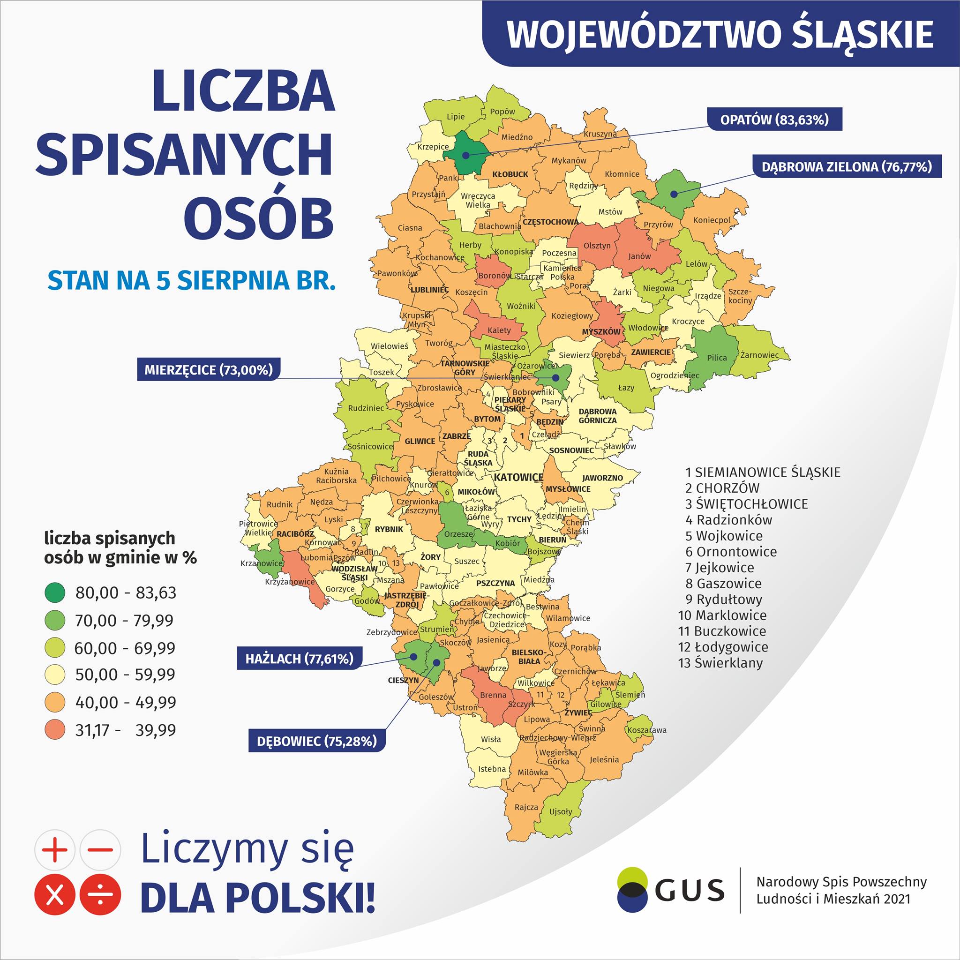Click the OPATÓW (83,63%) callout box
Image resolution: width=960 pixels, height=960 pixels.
(774, 120)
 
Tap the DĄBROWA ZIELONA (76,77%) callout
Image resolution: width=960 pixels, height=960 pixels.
(847, 167)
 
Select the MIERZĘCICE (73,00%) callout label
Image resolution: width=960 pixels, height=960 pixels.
(209, 370)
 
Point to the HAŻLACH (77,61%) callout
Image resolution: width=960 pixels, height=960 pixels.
(299, 659)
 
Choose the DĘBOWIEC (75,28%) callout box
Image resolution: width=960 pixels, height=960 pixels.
(316, 742)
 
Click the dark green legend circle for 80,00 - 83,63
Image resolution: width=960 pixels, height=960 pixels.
(55, 592)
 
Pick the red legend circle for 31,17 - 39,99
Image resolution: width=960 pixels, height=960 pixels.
(55, 730)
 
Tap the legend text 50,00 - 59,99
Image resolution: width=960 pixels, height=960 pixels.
(125, 674)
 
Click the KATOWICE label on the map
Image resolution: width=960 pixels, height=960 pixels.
(518, 478)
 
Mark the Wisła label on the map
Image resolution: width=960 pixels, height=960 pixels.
(491, 739)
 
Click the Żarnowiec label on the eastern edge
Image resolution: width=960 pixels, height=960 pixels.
(759, 355)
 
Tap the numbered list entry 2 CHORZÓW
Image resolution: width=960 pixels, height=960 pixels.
(722, 488)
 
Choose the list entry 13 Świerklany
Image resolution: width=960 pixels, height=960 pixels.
(720, 662)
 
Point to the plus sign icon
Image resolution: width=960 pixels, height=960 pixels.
(55, 850)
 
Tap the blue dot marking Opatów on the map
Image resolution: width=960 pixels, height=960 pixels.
(465, 155)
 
